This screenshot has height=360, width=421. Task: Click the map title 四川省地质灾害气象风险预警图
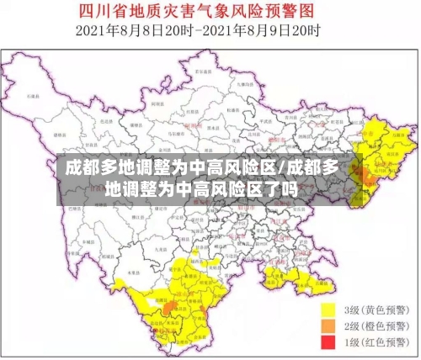pyautogui.click(x=211, y=11)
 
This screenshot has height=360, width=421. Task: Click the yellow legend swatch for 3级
pyautogui.click(x=328, y=309)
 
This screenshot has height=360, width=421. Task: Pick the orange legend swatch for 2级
pyautogui.click(x=328, y=326)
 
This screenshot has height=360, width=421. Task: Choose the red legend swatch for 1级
pyautogui.click(x=328, y=342)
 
